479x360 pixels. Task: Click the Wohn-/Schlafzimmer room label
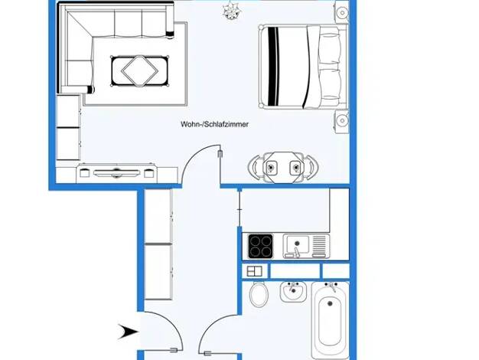[214, 124]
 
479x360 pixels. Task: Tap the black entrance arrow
[128, 332]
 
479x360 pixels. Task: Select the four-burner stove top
[260, 246]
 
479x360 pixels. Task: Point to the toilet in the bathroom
[259, 294]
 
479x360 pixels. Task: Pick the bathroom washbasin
[293, 292]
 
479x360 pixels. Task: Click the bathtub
[330, 320]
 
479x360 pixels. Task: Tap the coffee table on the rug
[139, 71]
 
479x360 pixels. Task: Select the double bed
[304, 67]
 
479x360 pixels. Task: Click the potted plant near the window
[231, 11]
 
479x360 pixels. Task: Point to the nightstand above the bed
[342, 12]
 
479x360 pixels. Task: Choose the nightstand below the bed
[342, 121]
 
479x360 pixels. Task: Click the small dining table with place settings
[283, 168]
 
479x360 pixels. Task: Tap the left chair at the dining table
[256, 168]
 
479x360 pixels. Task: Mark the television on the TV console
[116, 173]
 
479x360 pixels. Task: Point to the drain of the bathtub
[330, 304]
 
